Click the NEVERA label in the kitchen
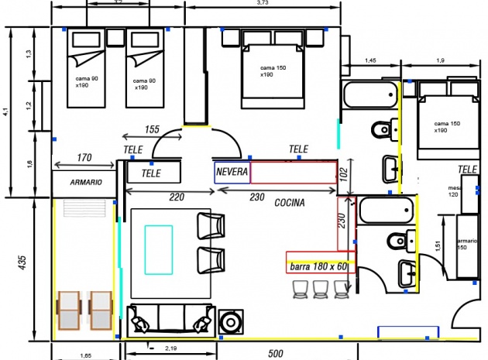click(x=232, y=172)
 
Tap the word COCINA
click(x=289, y=203)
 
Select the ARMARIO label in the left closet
click(x=84, y=183)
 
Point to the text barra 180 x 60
click(x=318, y=267)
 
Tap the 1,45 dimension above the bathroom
click(x=370, y=60)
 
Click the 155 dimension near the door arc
click(x=152, y=129)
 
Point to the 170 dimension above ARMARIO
click(x=84, y=158)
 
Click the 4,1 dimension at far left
click(x=5, y=111)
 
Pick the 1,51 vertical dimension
click(x=438, y=246)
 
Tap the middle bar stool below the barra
click(x=320, y=289)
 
